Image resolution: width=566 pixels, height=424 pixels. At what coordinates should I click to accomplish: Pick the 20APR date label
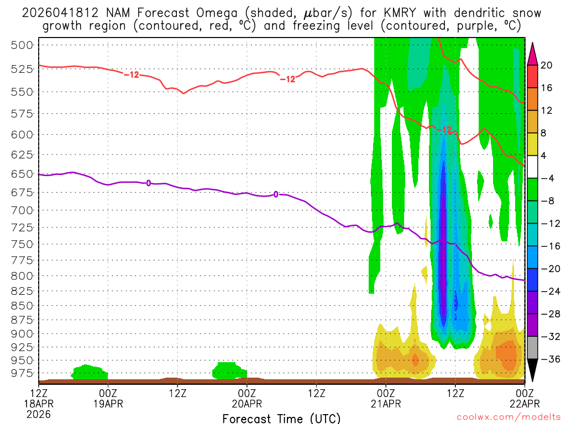(x=247, y=404)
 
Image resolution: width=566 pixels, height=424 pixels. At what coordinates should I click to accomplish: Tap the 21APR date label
(x=385, y=404)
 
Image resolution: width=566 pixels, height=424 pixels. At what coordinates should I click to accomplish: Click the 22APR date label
(x=524, y=404)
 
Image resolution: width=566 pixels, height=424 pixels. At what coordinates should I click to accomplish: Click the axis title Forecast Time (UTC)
(x=281, y=418)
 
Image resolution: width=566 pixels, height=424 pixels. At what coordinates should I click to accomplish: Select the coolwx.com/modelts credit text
(x=507, y=418)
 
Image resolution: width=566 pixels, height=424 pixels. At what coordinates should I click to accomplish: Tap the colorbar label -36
(x=548, y=359)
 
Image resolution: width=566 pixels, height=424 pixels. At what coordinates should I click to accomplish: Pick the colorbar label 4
(x=544, y=156)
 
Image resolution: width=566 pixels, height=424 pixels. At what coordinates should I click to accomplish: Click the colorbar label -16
(x=548, y=246)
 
